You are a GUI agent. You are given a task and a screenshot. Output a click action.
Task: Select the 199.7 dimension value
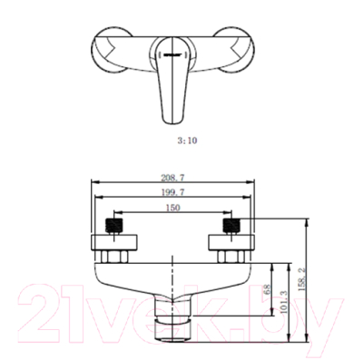tap(172, 193)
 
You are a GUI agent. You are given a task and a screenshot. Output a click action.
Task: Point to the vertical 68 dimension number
tap(266, 292)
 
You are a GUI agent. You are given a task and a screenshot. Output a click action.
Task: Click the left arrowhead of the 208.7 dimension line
tap(94, 188)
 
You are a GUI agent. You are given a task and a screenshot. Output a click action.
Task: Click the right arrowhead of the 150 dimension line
tap(231, 216)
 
